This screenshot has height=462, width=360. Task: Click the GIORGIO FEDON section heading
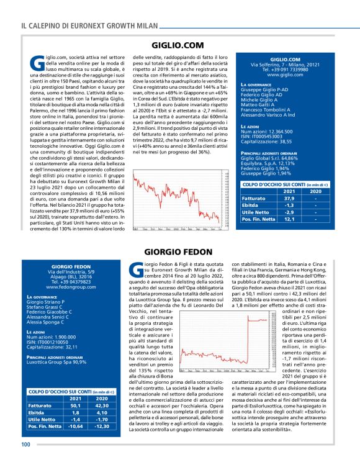click(x=178, y=252)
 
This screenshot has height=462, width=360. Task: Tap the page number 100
click(x=26, y=443)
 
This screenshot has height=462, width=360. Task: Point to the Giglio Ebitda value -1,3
click(x=271, y=206)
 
